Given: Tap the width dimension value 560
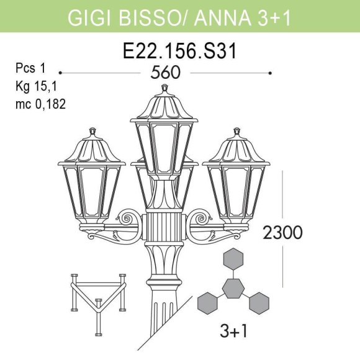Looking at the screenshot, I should (x=166, y=73).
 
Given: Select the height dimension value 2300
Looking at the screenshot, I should (x=282, y=233).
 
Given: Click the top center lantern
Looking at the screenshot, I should (x=165, y=133).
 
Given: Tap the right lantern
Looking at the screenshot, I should (x=235, y=177).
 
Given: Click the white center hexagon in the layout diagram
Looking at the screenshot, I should (x=233, y=288).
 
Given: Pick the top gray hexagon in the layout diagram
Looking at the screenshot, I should (x=233, y=258).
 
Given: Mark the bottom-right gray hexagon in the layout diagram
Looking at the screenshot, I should (x=259, y=303).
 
